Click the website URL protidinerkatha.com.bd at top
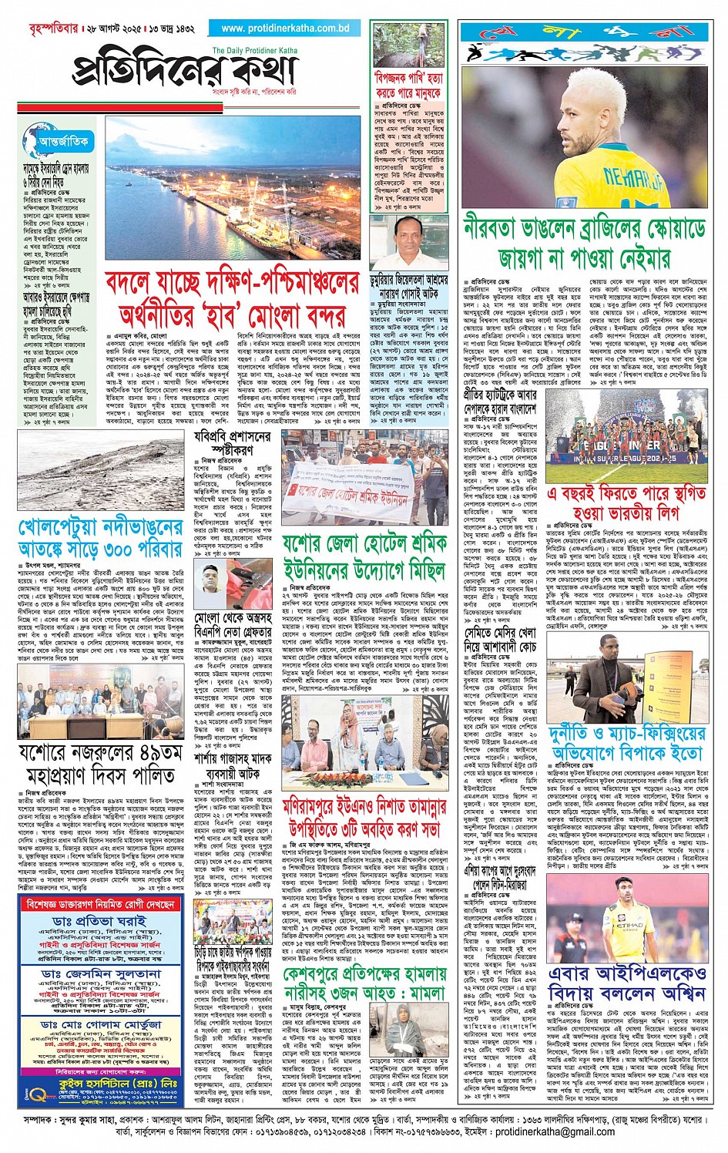[x=285, y=29]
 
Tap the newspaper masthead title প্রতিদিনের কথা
[x=185, y=72]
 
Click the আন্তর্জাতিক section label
[x=63, y=141]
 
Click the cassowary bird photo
[x=408, y=45]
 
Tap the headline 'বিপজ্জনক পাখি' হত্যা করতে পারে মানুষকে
[x=408, y=86]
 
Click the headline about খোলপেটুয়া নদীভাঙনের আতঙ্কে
[x=100, y=537]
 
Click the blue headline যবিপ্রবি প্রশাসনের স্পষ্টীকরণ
[x=232, y=442]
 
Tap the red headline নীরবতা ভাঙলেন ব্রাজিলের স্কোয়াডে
[x=585, y=242]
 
